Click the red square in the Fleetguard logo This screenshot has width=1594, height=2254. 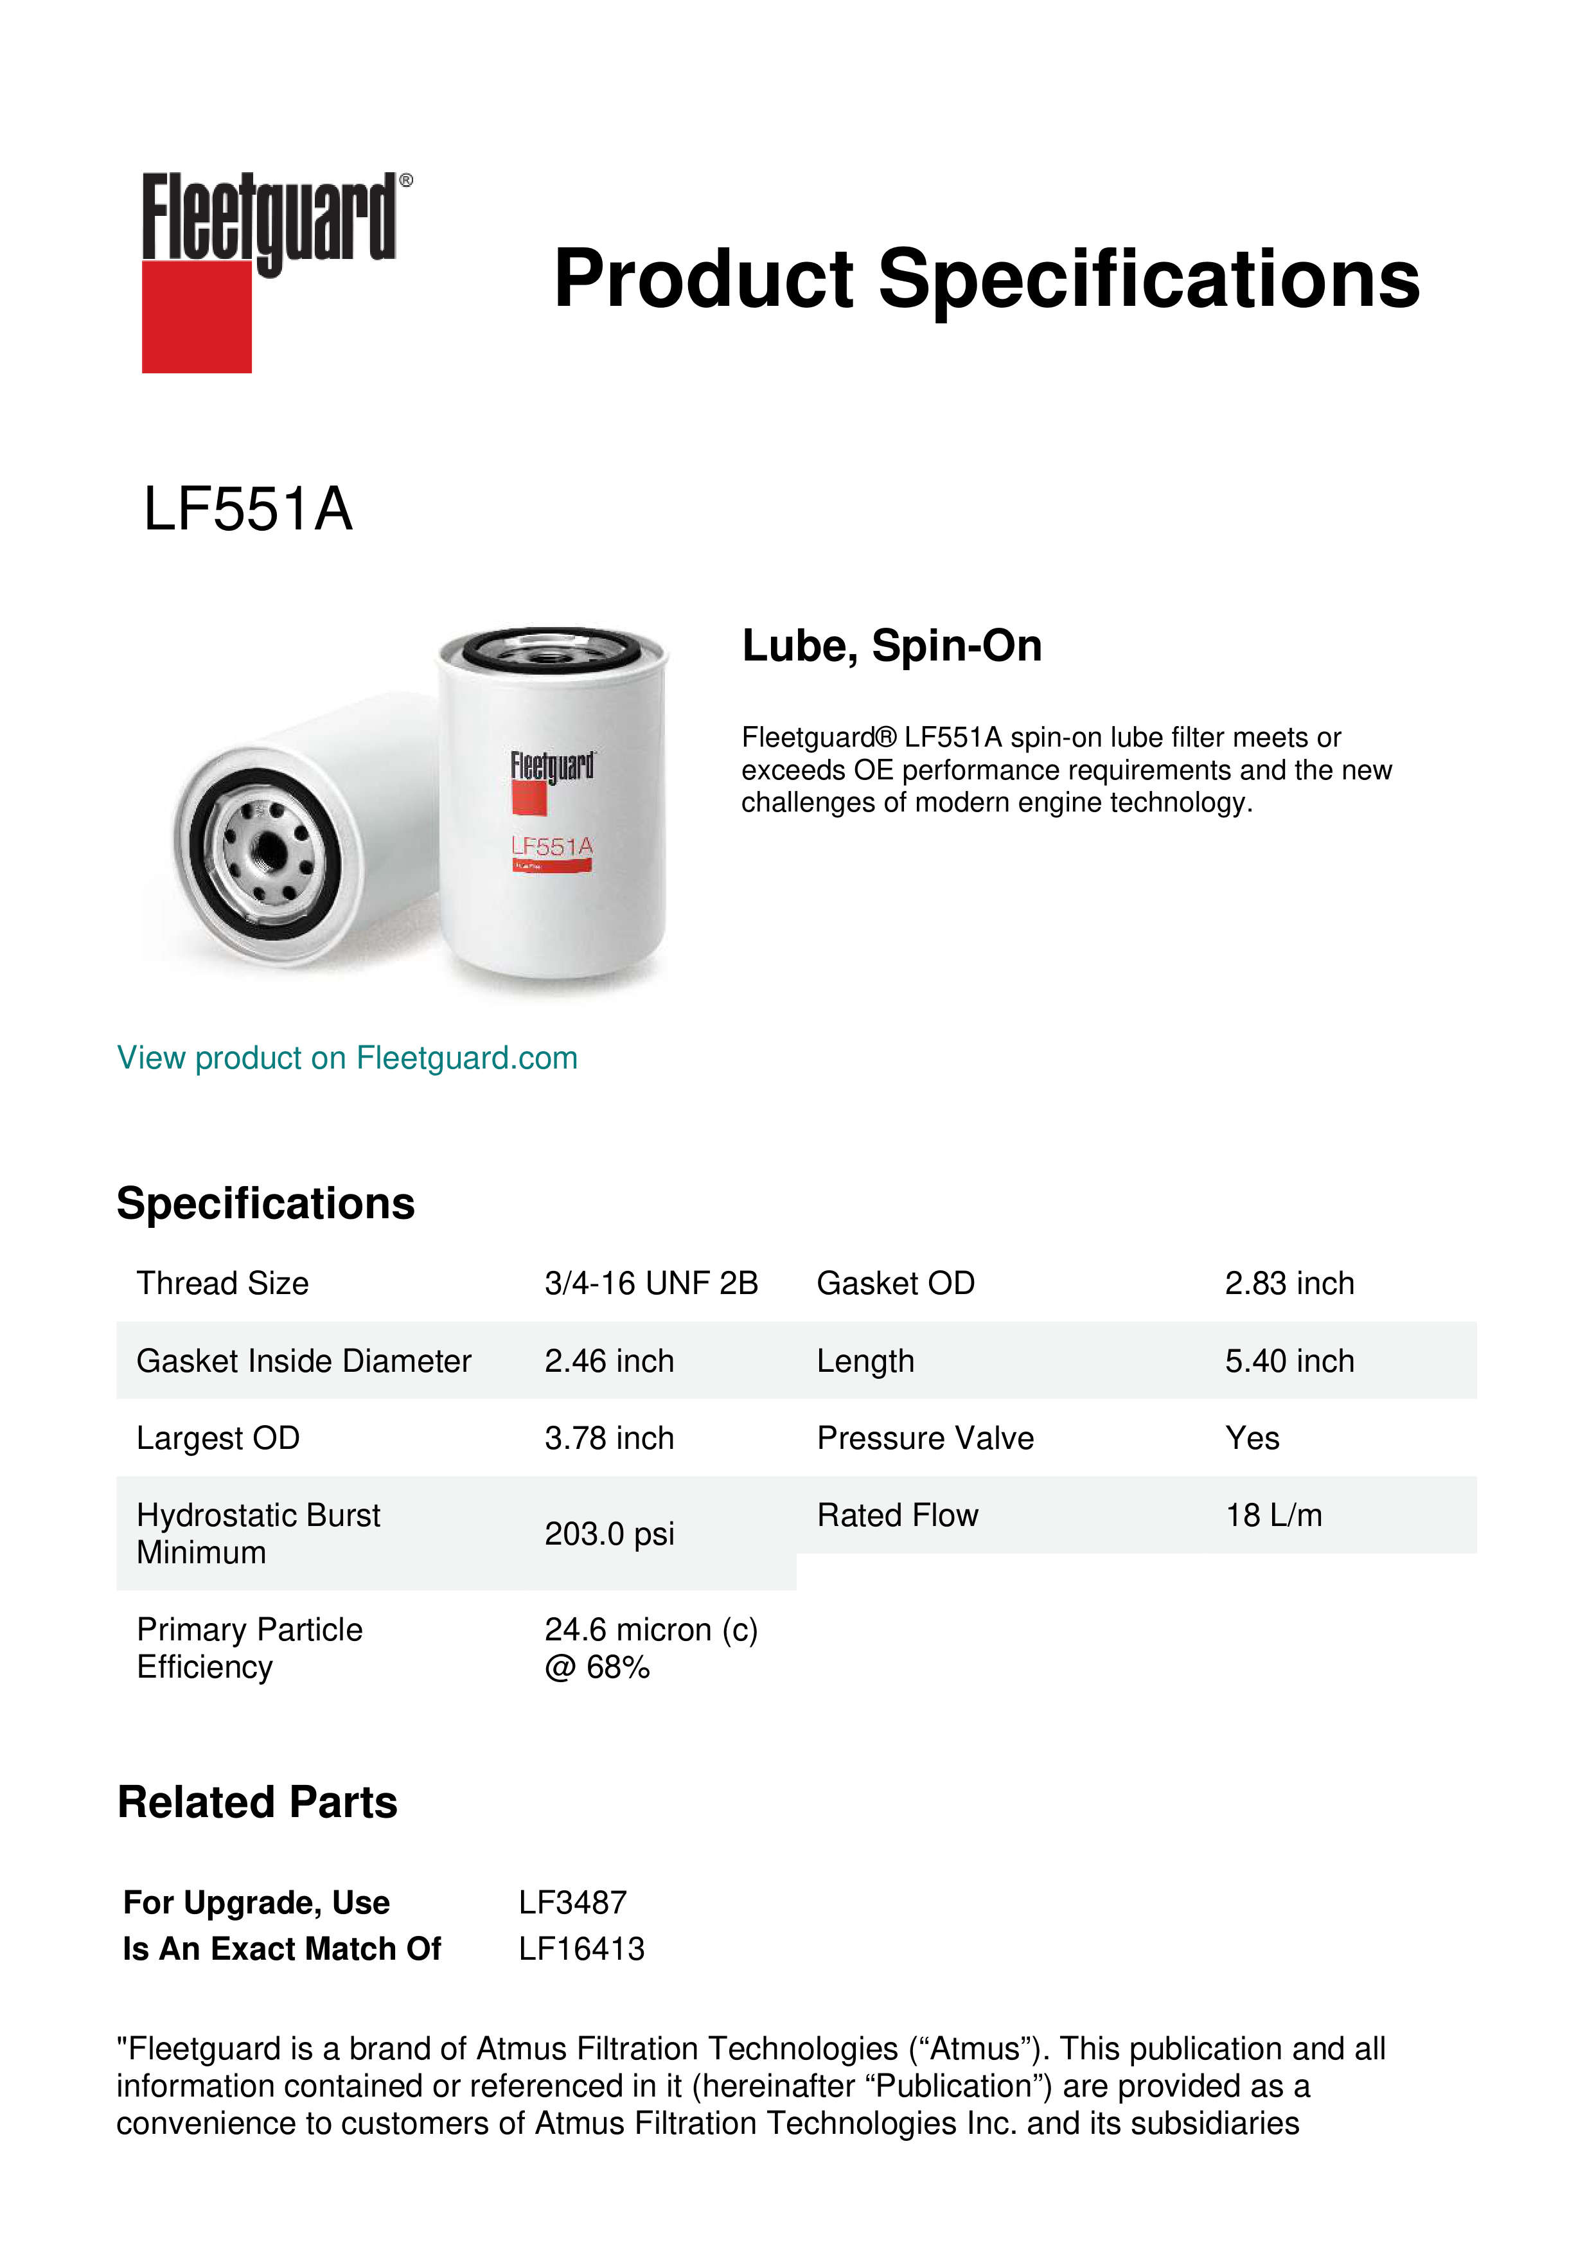pyautogui.click(x=197, y=316)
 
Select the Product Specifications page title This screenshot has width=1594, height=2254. pyautogui.click(x=986, y=279)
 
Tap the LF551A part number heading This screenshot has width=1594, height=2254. pyautogui.click(x=247, y=510)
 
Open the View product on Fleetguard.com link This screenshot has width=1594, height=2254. pyautogui.click(x=346, y=1058)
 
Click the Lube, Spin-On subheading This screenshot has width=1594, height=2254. pyautogui.click(x=891, y=646)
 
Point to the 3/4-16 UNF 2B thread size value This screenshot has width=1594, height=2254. pyautogui.click(x=651, y=1283)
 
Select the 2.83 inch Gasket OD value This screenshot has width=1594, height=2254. pyautogui.click(x=1289, y=1283)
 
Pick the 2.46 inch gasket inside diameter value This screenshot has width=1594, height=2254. pyautogui.click(x=608, y=1361)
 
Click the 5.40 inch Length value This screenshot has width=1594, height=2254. pyautogui.click(x=1289, y=1361)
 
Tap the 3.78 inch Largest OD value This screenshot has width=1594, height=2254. pyautogui.click(x=608, y=1438)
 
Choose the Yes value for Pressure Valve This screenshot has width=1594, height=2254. pyautogui.click(x=1252, y=1438)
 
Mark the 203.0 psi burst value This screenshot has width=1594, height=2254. pyautogui.click(x=608, y=1534)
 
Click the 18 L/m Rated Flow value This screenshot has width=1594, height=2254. pyautogui.click(x=1273, y=1516)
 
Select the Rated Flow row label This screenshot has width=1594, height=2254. pyautogui.click(x=897, y=1516)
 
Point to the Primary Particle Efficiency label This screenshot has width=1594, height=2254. pyautogui.click(x=249, y=1648)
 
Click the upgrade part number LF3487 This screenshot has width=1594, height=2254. pyautogui.click(x=572, y=1903)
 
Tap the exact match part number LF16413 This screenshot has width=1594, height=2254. pyautogui.click(x=581, y=1949)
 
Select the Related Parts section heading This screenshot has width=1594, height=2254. pyautogui.click(x=257, y=1802)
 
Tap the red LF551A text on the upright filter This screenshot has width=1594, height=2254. pyautogui.click(x=552, y=846)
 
